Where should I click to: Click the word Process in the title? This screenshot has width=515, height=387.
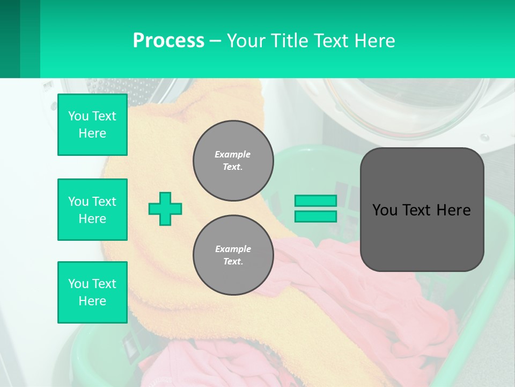point(168,41)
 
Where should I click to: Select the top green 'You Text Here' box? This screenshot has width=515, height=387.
point(92,125)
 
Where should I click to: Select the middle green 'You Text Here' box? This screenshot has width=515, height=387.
point(92,210)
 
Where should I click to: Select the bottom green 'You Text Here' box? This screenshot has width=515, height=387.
point(92,292)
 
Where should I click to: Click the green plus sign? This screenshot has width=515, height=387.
point(165,209)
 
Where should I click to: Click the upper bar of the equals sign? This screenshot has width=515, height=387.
point(315,200)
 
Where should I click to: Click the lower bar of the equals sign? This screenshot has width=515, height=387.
point(315,217)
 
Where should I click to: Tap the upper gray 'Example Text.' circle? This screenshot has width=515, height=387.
point(233,161)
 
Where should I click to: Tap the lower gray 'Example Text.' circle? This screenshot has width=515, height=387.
point(233,255)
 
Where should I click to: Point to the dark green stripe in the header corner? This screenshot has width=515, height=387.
point(10,39)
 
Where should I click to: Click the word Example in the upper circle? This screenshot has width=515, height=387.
point(233,154)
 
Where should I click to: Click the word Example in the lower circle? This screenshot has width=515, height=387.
point(233,249)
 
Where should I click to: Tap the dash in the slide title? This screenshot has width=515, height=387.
point(215,41)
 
